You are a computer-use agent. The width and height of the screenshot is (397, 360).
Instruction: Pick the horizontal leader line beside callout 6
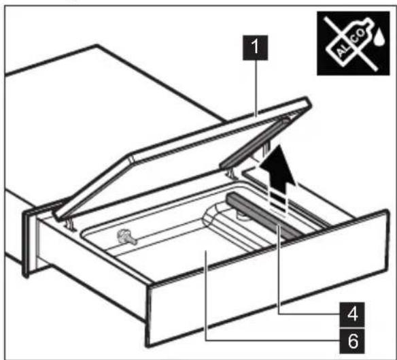pyautogui.click(x=272, y=336)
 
